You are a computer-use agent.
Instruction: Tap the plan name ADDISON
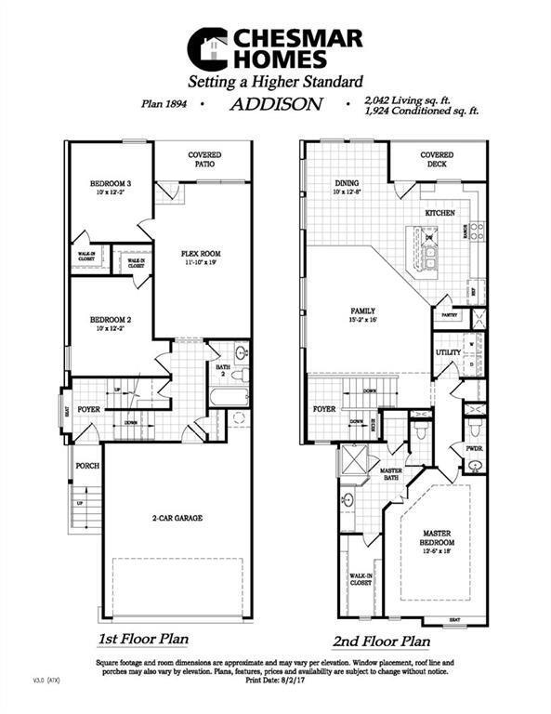[275, 105]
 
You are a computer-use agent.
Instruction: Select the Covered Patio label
[203, 160]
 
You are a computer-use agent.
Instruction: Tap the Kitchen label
[439, 213]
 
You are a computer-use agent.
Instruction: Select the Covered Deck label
[437, 160]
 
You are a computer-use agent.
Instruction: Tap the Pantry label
[449, 314]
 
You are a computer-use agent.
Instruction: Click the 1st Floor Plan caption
[144, 640]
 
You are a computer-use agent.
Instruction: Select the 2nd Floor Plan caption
[382, 641]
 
